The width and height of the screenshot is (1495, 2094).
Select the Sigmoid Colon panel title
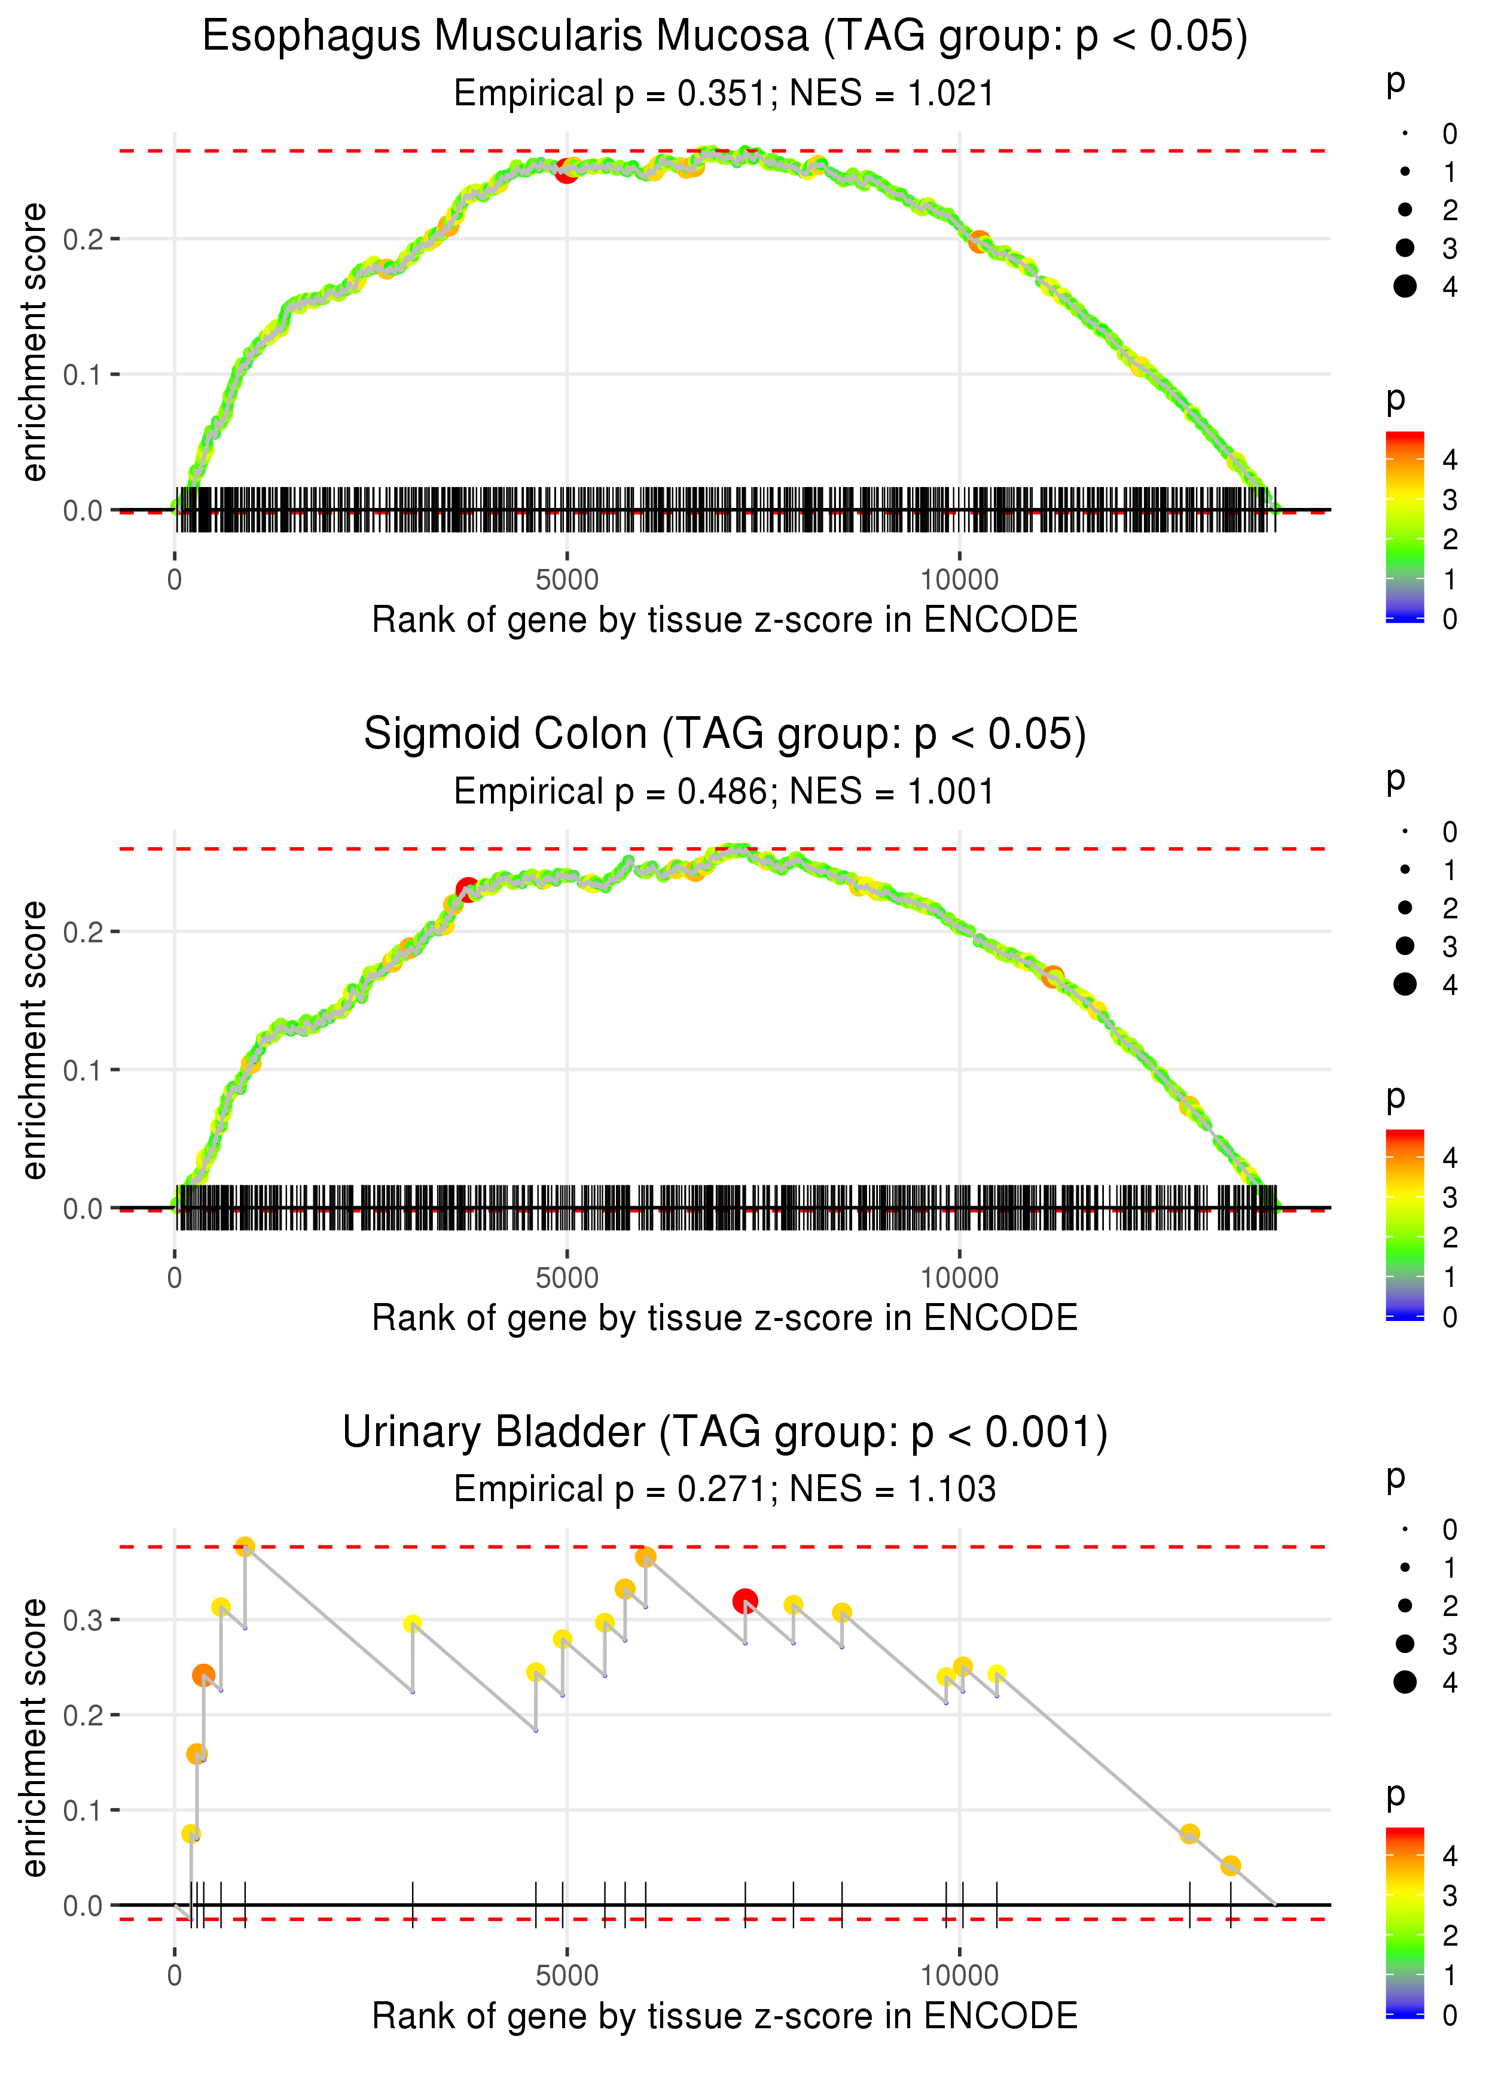point(725,735)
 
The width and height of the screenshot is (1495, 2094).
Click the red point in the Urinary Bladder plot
point(745,1602)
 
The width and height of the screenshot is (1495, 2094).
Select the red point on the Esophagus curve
point(566,171)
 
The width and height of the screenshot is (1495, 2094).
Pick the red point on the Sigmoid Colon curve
point(468,890)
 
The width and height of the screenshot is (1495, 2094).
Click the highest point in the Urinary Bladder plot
point(245,1546)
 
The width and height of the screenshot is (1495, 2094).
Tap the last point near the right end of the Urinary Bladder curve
point(1230,1865)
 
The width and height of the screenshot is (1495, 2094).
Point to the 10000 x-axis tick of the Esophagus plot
point(959,580)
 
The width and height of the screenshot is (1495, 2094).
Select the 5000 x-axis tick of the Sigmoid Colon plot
point(566,1278)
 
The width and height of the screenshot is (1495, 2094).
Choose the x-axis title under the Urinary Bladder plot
point(725,2016)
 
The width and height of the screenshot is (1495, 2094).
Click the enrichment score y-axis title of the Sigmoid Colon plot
point(34,1040)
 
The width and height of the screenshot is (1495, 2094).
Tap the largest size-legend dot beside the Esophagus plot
point(1405,287)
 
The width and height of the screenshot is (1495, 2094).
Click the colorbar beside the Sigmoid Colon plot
point(1404,1225)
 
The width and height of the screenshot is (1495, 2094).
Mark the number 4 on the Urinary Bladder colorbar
point(1450,1855)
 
